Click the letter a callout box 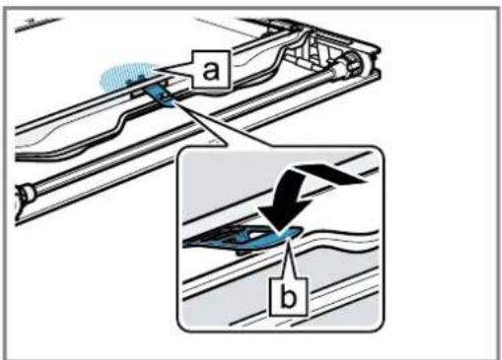click(210, 70)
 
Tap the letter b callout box click(289, 297)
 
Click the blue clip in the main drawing click(161, 97)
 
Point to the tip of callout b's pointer click(288, 241)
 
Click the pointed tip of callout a click(154, 70)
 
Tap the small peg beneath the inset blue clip click(243, 253)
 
